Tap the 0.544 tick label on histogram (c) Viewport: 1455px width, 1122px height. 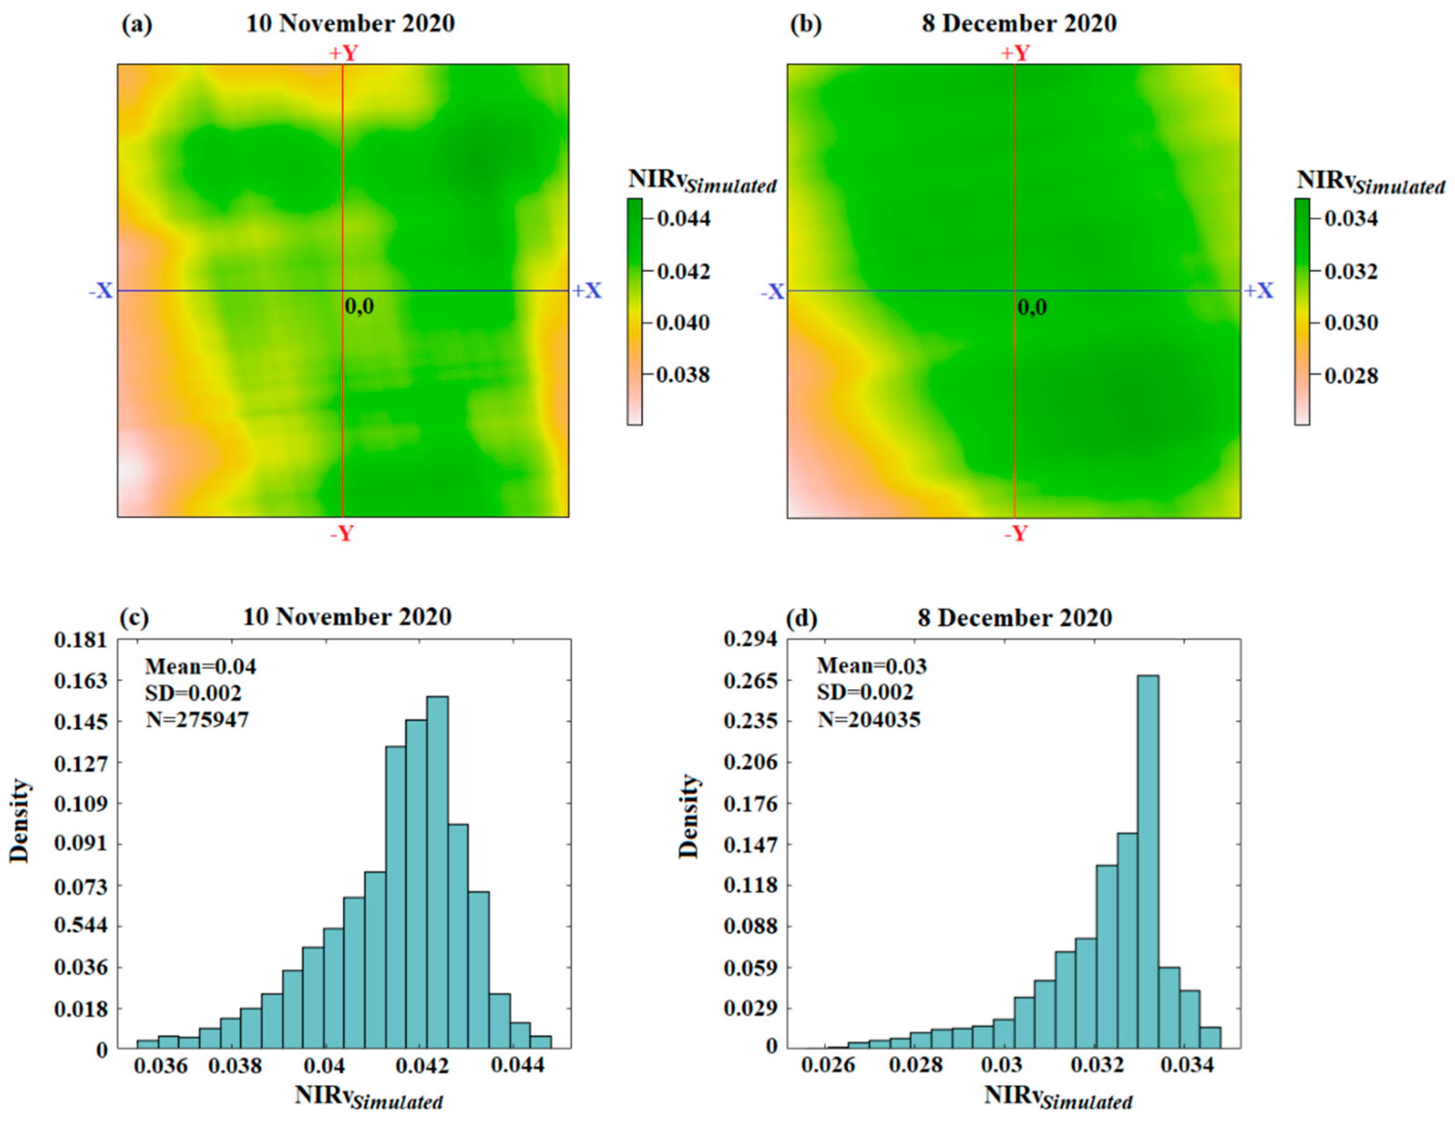pyautogui.click(x=80, y=926)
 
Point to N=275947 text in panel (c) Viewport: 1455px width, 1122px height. pyautogui.click(x=197, y=719)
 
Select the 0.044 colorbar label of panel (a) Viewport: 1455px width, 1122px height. pyautogui.click(x=684, y=219)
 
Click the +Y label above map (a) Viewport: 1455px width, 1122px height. pyautogui.click(x=343, y=53)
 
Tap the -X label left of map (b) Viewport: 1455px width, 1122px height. pyautogui.click(x=773, y=292)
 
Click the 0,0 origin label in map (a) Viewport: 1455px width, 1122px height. pyautogui.click(x=360, y=307)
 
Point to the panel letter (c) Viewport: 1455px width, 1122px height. pyautogui.click(x=135, y=617)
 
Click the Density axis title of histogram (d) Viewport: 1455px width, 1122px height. pyautogui.click(x=689, y=816)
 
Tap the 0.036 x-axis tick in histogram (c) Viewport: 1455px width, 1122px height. pyautogui.click(x=161, y=1065)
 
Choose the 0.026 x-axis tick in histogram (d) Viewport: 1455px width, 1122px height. pyautogui.click(x=828, y=1065)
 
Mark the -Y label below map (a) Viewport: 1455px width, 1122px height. pyautogui.click(x=342, y=534)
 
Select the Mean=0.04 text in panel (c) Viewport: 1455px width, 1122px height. pyautogui.click(x=201, y=666)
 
